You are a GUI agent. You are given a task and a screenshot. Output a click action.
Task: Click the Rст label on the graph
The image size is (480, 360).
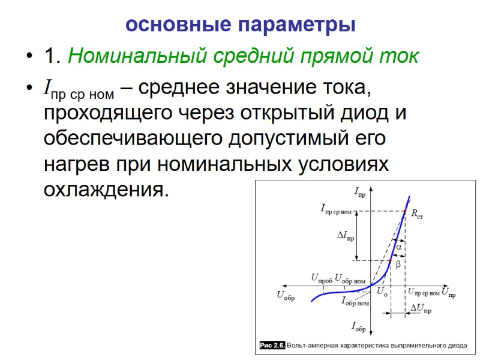tap(417, 214)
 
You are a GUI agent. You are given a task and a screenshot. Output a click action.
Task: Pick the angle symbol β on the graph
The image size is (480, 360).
tap(398, 263)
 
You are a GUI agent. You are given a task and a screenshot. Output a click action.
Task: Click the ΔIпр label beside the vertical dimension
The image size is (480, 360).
tap(346, 236)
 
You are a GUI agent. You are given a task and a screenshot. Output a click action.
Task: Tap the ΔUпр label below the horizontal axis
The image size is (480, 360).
tap(421, 309)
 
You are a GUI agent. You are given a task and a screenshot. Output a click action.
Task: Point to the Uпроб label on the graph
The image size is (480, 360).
tap(321, 278)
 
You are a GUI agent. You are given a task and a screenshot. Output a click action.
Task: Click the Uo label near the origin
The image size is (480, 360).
tap(382, 292)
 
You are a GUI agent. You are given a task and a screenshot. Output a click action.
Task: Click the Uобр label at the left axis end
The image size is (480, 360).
tap(286, 295)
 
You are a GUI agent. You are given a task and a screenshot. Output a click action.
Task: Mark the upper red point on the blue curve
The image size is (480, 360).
tap(405, 211)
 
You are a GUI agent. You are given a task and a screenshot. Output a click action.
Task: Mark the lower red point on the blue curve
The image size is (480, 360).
tap(391, 260)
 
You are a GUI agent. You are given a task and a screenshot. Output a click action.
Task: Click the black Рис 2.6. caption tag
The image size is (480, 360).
tap(272, 346)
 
